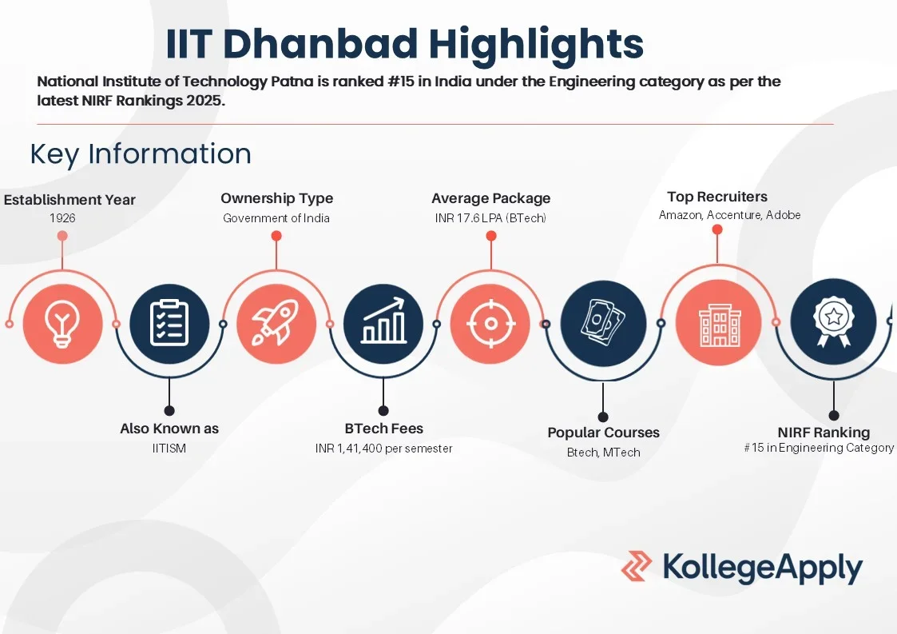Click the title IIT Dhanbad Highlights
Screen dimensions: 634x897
click(x=404, y=44)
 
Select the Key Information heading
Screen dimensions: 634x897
click(x=141, y=154)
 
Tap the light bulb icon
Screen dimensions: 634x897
click(x=62, y=324)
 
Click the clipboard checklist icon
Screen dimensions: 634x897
click(x=169, y=324)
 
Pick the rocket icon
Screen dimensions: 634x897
click(x=276, y=324)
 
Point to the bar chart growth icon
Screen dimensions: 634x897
click(x=383, y=324)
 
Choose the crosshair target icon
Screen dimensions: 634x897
click(x=490, y=324)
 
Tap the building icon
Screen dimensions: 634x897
click(x=716, y=324)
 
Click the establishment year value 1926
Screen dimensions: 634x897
click(x=62, y=217)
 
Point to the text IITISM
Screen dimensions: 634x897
click(x=169, y=449)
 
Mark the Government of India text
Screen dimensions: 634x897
click(x=276, y=218)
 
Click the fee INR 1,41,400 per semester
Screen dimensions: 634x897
click(x=383, y=449)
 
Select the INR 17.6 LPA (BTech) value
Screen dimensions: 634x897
click(x=490, y=218)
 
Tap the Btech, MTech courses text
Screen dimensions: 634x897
click(x=603, y=453)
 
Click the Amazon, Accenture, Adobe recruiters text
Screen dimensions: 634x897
click(x=729, y=215)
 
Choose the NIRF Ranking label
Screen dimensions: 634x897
click(x=824, y=433)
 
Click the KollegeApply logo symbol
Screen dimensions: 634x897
click(x=637, y=566)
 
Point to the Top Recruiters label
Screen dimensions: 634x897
click(x=717, y=197)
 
